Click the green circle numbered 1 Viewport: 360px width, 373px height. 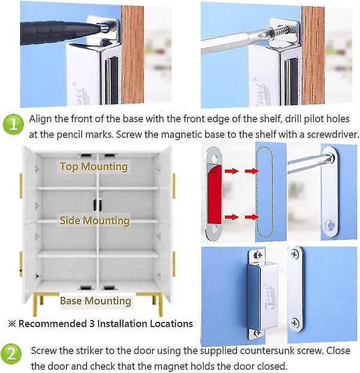(x=13, y=124)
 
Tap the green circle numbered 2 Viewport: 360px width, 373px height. (x=11, y=354)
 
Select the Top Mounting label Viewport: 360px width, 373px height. (x=94, y=166)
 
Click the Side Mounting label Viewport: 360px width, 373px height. (x=94, y=220)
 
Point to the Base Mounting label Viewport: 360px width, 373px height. (x=95, y=301)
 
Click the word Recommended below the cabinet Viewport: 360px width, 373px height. (x=53, y=324)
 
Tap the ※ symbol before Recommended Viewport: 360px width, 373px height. (x=12, y=324)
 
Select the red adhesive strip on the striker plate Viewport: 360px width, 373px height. (x=214, y=195)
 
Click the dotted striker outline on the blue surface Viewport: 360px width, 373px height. (x=264, y=192)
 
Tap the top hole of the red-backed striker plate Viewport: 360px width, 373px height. (x=214, y=159)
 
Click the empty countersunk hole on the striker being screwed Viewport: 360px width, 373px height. (x=330, y=225)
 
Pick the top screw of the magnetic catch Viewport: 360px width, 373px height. (x=259, y=255)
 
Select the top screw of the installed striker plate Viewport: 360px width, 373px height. (x=295, y=255)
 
